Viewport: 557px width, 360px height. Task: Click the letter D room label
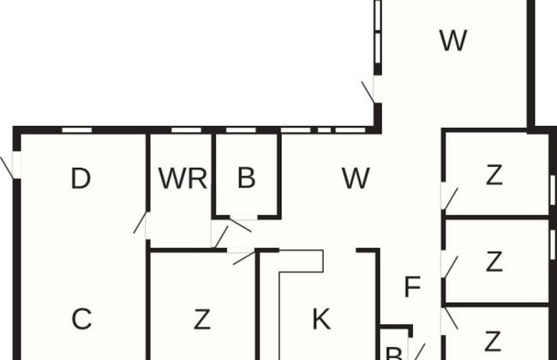pyautogui.click(x=81, y=179)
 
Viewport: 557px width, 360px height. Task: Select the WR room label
pyautogui.click(x=183, y=179)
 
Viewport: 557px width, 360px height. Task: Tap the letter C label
pyautogui.click(x=81, y=319)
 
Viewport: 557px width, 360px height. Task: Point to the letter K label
pyautogui.click(x=320, y=320)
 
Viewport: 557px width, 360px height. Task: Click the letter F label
pyautogui.click(x=412, y=287)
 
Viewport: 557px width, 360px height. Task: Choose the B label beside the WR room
pyautogui.click(x=247, y=178)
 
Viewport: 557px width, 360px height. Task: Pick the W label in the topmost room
pyautogui.click(x=452, y=40)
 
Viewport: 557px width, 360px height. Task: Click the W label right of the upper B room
pyautogui.click(x=356, y=178)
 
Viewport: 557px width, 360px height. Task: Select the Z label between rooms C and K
pyautogui.click(x=201, y=320)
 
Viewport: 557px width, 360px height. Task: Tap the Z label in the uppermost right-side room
pyautogui.click(x=494, y=175)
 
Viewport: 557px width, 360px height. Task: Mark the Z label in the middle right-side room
pyautogui.click(x=494, y=261)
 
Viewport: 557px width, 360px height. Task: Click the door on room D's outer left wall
pyautogui.click(x=12, y=165)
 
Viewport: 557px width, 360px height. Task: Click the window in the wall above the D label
pyautogui.click(x=77, y=130)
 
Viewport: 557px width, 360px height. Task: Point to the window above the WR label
pyautogui.click(x=186, y=130)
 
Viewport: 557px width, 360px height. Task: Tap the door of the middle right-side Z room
pyautogui.click(x=447, y=264)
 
